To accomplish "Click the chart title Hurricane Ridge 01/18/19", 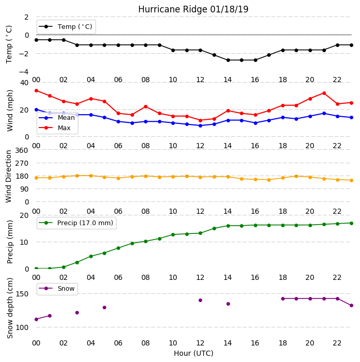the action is coord(193,9).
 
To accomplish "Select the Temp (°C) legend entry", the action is coord(66,27).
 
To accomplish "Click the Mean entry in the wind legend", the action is coord(57,118).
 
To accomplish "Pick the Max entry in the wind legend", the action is coord(55,128).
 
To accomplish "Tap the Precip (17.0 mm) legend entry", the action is coord(76,223).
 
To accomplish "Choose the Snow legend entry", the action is coord(57,289).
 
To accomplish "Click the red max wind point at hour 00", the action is coord(36,91).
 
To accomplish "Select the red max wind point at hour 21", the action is coord(324,93).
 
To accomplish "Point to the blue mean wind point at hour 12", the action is coord(201,125).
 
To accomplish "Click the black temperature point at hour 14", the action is coord(228,60).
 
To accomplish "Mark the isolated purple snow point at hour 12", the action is coord(201,301).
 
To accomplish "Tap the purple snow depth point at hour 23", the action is coord(351,305).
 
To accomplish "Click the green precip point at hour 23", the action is coord(351,223).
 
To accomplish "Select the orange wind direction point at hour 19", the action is coord(297,177).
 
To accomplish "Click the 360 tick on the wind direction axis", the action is coord(22,150).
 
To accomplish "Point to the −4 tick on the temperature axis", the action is coord(24,72).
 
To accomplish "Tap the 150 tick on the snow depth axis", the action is coord(22,294).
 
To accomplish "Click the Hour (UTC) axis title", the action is coord(193,353).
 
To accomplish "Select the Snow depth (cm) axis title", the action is coord(10,308).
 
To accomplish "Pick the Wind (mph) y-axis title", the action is coord(10,111).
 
